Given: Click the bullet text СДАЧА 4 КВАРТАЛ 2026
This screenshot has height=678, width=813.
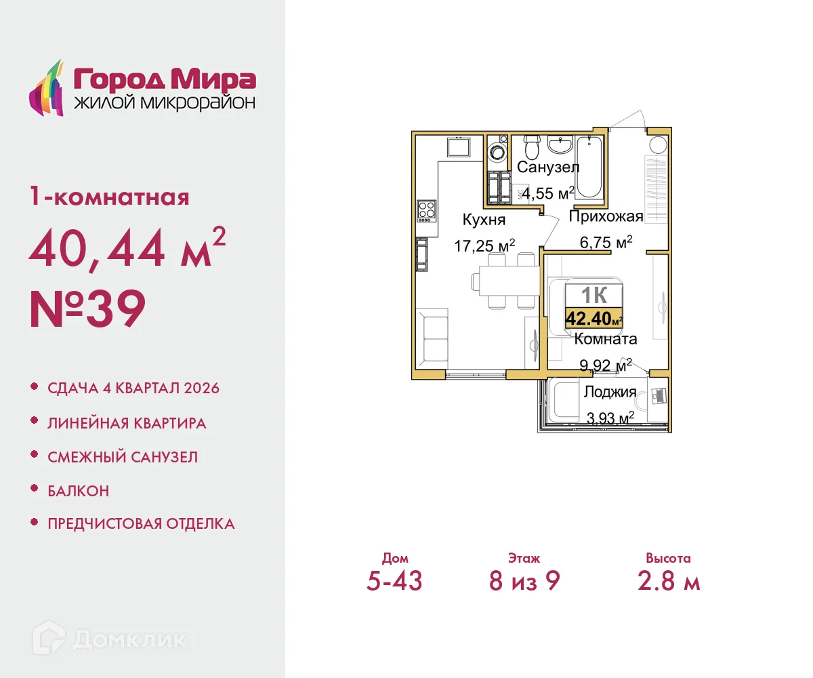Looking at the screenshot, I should pyautogui.click(x=133, y=388).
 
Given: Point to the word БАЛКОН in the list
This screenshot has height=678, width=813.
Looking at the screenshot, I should pyautogui.click(x=78, y=490).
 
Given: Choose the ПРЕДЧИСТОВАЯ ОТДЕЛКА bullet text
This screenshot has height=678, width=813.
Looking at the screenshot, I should pyautogui.click(x=141, y=523).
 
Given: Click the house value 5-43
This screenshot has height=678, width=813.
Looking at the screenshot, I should pyautogui.click(x=394, y=581).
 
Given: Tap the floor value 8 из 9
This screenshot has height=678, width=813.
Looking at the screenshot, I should pyautogui.click(x=524, y=581).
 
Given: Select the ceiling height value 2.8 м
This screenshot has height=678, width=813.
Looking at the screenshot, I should pyautogui.click(x=668, y=581).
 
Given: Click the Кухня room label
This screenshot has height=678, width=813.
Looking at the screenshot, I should pyautogui.click(x=484, y=220).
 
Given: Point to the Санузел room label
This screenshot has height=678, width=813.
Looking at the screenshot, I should pyautogui.click(x=548, y=167).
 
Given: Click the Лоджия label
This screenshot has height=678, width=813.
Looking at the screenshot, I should pyautogui.click(x=610, y=392).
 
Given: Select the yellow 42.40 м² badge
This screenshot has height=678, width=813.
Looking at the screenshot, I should pyautogui.click(x=594, y=317).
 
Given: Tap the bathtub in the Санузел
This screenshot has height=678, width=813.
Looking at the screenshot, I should pyautogui.click(x=589, y=166).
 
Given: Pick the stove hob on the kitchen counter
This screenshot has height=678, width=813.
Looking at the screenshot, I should pyautogui.click(x=426, y=210).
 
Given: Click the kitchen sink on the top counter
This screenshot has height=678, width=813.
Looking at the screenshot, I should pyautogui.click(x=458, y=146).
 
